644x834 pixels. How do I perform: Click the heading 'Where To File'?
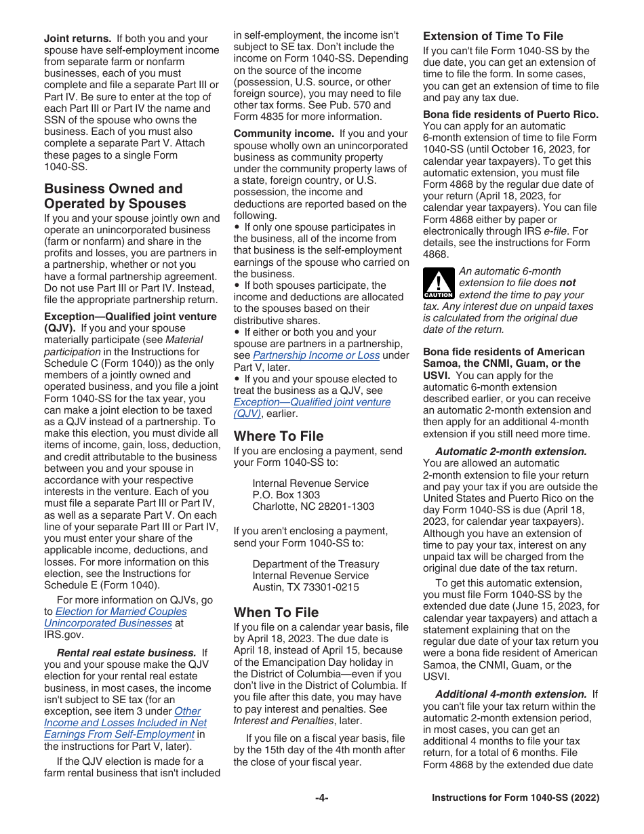[x=279, y=436]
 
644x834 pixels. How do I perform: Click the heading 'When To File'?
[x=276, y=612]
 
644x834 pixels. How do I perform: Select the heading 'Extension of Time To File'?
[x=493, y=36]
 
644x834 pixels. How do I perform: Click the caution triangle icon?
[x=438, y=283]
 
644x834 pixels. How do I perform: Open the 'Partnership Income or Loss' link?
[x=316, y=355]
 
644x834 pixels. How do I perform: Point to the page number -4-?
[x=321, y=798]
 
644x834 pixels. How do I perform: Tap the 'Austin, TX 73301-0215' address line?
[x=306, y=587]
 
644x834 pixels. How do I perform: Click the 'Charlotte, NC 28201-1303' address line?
[x=313, y=507]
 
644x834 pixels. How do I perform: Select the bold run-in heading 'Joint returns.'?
[x=77, y=39]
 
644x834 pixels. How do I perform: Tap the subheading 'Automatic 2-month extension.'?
[x=511, y=452]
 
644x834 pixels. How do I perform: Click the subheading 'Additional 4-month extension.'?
[x=511, y=694]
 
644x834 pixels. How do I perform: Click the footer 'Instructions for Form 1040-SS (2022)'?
[x=515, y=798]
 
